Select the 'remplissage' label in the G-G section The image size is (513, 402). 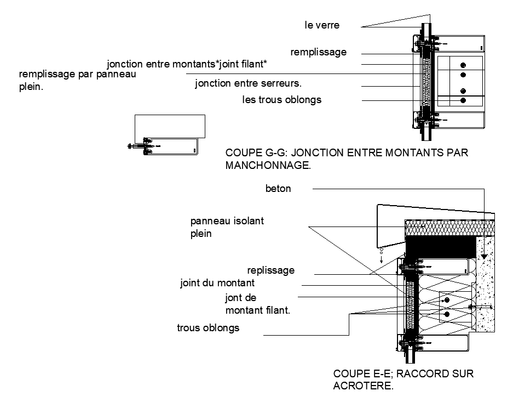pos(319,53)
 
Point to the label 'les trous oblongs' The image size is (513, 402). pos(282,100)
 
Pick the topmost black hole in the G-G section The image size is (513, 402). pos(463,64)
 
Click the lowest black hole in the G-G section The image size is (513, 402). pos(463,100)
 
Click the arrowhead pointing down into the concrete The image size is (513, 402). pos(485,256)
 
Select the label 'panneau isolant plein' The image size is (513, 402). pos(219,227)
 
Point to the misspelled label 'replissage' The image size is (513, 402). pos(271,270)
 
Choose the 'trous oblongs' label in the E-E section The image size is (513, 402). pos(207,329)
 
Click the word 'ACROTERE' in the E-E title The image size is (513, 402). pos(363,386)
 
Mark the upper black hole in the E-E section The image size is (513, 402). pos(447,300)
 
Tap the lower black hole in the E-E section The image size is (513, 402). pos(447,314)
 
